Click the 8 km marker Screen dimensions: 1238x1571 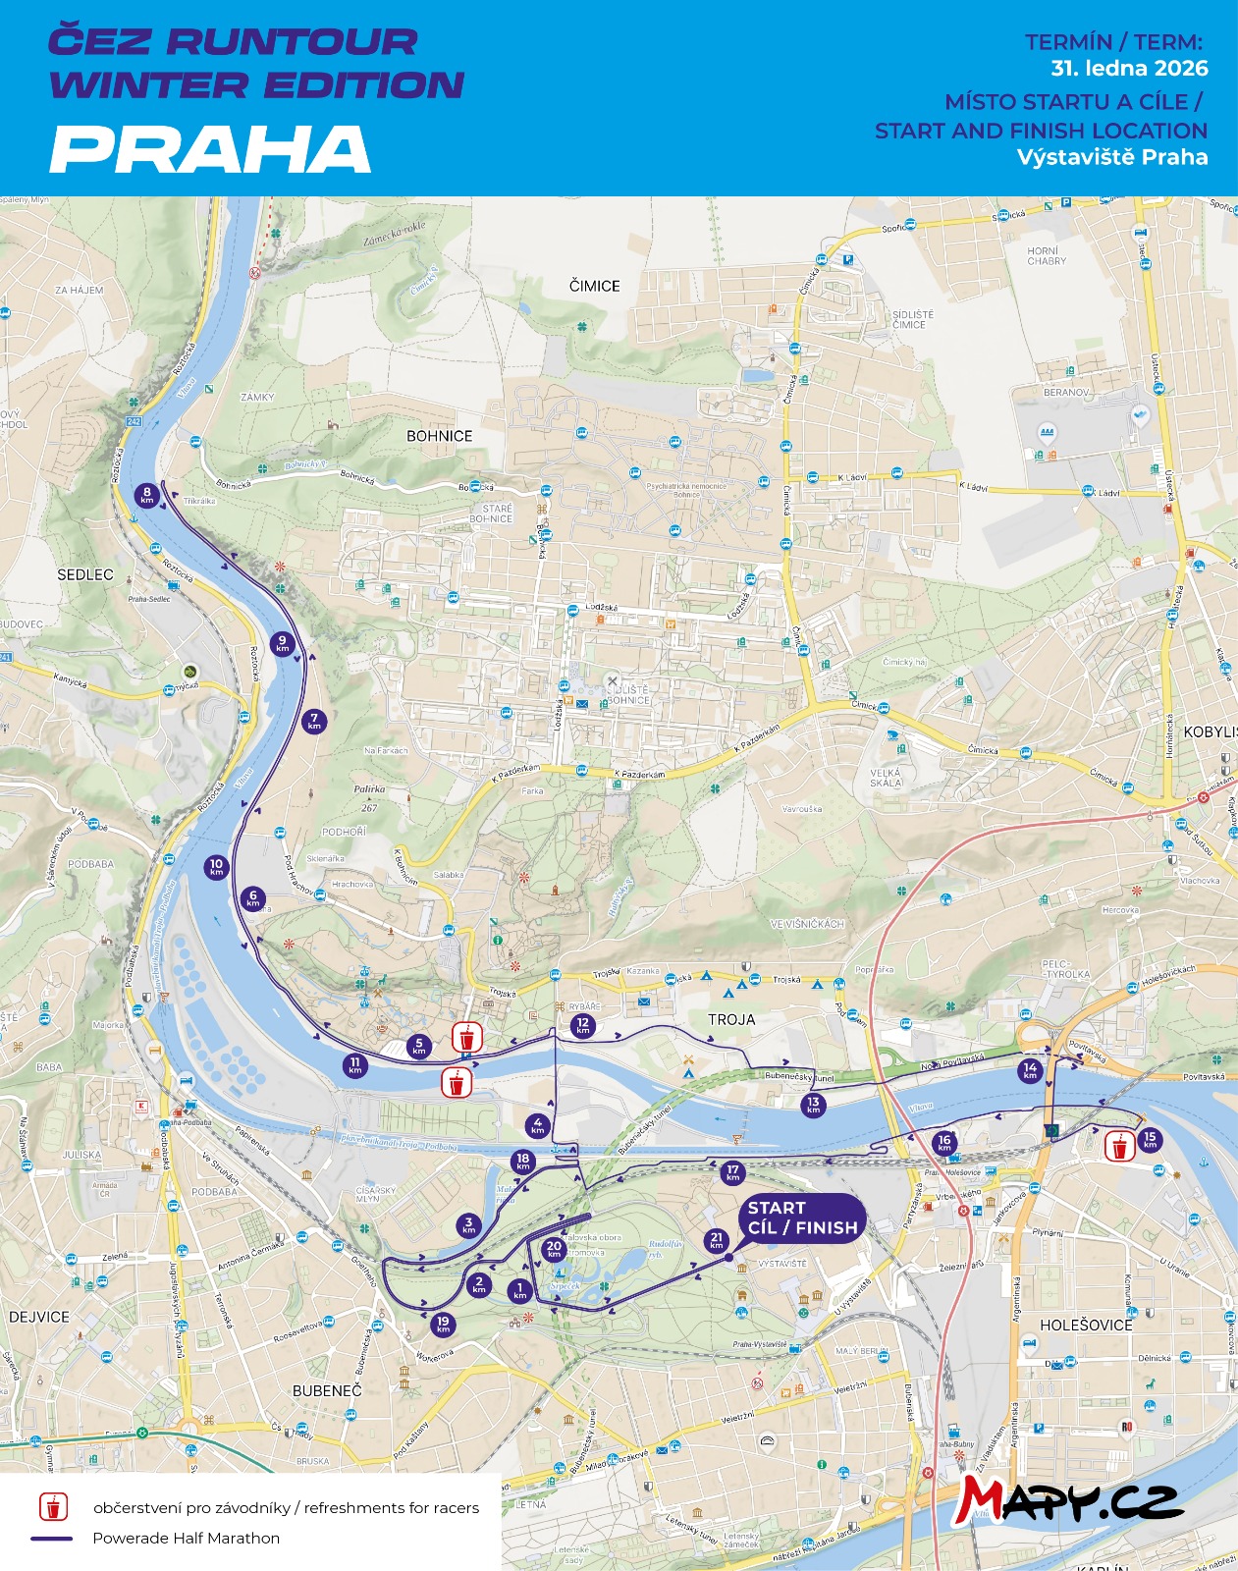click(x=147, y=495)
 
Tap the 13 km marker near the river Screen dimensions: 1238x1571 click(x=813, y=1105)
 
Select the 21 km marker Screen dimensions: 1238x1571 click(x=717, y=1241)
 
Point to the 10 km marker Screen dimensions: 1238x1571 click(x=217, y=867)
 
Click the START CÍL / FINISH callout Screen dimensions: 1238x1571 click(x=802, y=1219)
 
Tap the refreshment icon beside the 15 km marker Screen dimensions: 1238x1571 click(x=1118, y=1147)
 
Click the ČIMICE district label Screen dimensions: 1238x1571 click(x=595, y=286)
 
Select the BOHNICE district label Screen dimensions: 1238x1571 click(x=440, y=436)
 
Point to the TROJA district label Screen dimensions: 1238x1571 click(x=731, y=1020)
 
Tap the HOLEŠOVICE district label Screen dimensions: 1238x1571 click(x=1086, y=1326)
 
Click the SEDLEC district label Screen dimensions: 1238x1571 click(x=85, y=574)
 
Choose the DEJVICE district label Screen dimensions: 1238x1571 click(x=39, y=1317)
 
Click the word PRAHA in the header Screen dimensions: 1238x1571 click(x=210, y=149)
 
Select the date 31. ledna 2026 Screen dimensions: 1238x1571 click(x=1129, y=69)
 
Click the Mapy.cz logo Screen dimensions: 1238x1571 click(x=1069, y=1499)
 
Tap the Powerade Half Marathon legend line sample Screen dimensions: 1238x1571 click(x=52, y=1539)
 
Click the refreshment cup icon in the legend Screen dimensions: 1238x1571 click(x=53, y=1507)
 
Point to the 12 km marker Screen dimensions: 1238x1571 click(x=583, y=1025)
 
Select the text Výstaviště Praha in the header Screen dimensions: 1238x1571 click(x=1112, y=157)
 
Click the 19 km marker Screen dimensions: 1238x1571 click(x=443, y=1325)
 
